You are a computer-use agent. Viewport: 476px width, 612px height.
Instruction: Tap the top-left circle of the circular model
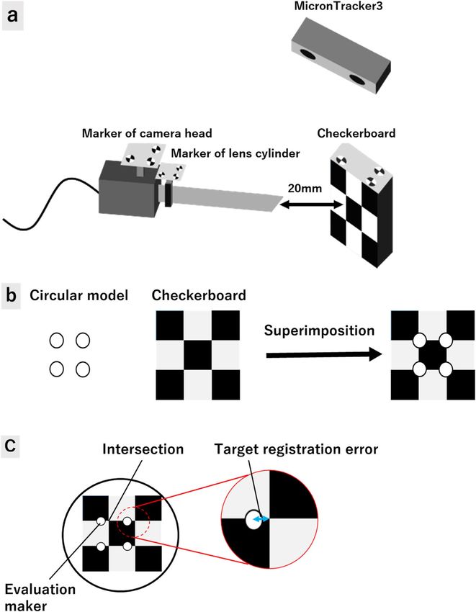pos(57,339)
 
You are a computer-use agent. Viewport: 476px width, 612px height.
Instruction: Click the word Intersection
pos(144,450)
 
